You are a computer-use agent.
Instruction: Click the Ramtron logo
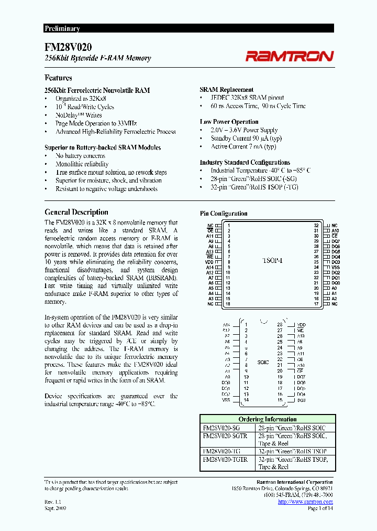(290, 56)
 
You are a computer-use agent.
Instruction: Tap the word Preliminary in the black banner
(62, 29)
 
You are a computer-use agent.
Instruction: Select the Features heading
(58, 78)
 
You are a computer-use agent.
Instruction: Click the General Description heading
(76, 212)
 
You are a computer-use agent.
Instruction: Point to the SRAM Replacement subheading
(226, 90)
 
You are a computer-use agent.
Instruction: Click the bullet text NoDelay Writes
(79, 115)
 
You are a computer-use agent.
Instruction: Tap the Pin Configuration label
(224, 214)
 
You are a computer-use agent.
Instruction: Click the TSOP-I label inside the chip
(272, 261)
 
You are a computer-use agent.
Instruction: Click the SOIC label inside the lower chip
(262, 362)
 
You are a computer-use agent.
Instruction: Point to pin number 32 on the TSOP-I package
(316, 225)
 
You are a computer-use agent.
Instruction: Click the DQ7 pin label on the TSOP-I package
(336, 241)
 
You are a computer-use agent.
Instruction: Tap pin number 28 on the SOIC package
(280, 325)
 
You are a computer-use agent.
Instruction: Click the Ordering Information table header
(267, 419)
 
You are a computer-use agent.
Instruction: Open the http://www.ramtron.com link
(305, 502)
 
